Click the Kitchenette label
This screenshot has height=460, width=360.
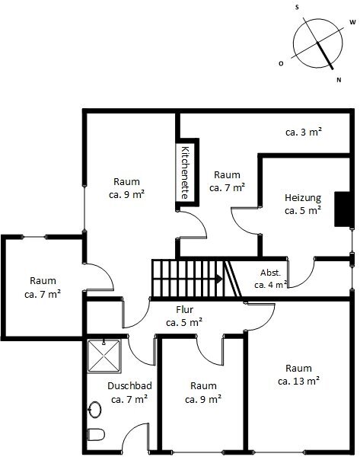[185, 172]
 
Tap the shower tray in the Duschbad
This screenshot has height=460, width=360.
[104, 356]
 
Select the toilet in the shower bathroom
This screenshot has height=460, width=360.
[96, 434]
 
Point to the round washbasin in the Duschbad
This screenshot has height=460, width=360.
[95, 409]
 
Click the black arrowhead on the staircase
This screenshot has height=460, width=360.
[219, 279]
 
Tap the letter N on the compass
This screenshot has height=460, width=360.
[339, 80]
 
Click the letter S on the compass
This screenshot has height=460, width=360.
[297, 8]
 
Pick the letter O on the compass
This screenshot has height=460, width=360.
[281, 63]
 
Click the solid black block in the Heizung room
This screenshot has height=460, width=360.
[342, 209]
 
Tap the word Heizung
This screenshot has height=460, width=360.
[303, 198]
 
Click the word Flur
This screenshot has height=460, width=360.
[185, 309]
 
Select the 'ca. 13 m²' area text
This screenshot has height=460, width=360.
[298, 381]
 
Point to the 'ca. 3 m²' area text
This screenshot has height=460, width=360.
[304, 132]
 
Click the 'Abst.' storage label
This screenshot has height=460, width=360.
[271, 273]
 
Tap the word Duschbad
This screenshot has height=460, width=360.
[129, 386]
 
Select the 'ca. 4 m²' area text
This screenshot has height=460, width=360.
[271, 285]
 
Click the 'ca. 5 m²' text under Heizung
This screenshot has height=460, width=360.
[303, 211]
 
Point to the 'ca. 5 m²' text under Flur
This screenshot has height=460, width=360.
[184, 323]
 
